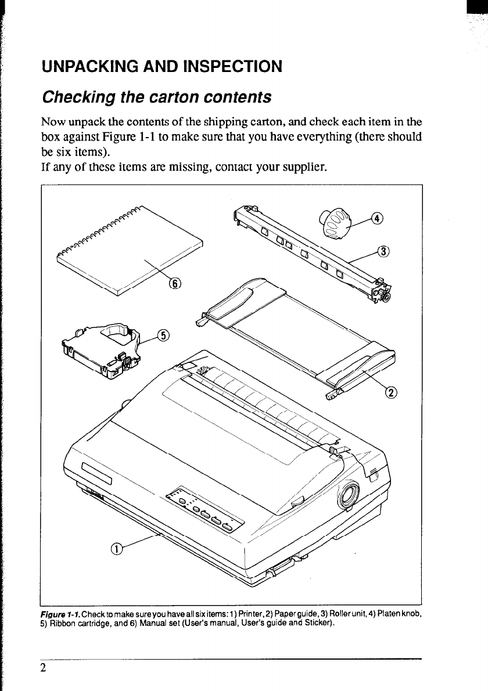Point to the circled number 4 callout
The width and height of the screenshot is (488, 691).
tap(378, 219)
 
